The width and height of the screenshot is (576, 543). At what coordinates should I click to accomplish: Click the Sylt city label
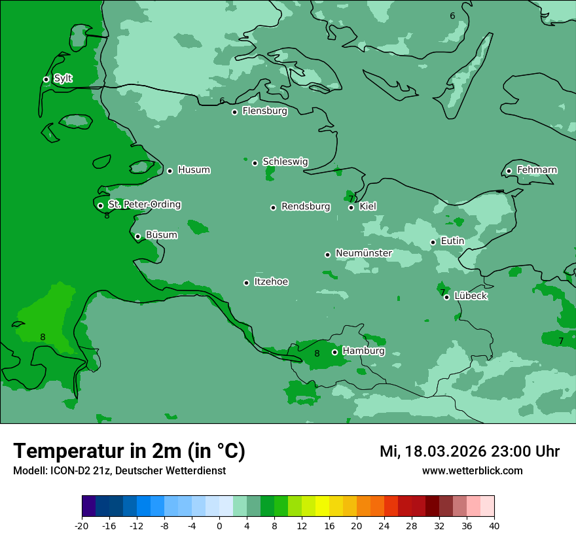(x=63, y=79)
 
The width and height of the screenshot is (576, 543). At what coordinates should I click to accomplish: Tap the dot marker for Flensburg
(x=234, y=112)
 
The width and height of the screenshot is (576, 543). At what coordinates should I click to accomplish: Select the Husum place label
(x=194, y=170)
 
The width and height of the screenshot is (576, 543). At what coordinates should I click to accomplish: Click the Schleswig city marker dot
(x=255, y=163)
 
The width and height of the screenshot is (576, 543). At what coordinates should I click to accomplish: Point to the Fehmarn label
(x=537, y=170)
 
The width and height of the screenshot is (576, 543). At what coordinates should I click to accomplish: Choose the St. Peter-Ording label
(x=144, y=205)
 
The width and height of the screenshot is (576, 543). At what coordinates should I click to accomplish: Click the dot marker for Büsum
(x=137, y=236)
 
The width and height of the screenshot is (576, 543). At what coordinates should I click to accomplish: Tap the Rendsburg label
(x=306, y=207)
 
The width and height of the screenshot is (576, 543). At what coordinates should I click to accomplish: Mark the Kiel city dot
(x=351, y=207)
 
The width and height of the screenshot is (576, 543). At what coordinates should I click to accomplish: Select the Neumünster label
(x=364, y=253)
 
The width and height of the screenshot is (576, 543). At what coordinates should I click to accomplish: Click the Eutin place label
(x=452, y=241)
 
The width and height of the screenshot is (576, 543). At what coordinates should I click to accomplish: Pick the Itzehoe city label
(x=271, y=282)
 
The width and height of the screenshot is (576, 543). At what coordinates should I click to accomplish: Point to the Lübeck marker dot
(x=446, y=297)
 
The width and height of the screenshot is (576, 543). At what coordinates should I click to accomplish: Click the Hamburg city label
(x=363, y=351)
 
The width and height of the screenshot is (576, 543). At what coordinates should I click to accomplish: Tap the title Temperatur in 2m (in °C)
(x=129, y=451)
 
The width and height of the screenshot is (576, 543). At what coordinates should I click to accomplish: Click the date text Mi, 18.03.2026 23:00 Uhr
(x=469, y=451)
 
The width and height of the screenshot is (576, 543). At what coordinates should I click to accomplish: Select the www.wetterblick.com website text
(x=472, y=470)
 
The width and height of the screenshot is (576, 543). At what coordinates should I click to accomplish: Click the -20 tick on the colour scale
(x=82, y=525)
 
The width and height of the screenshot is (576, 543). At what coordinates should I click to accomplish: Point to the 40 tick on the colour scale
(x=494, y=525)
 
